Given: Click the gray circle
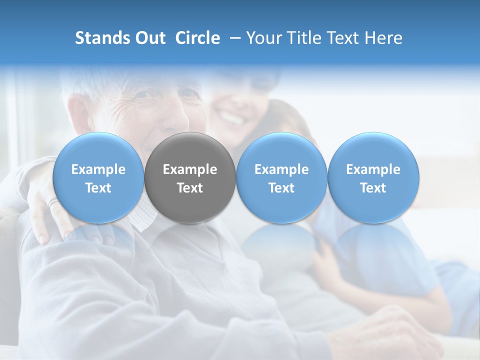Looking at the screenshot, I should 190,177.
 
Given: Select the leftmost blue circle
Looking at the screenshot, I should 98,177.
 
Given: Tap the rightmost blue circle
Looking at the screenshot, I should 373,177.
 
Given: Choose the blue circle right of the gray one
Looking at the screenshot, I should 281,177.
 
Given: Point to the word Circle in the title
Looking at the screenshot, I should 197,38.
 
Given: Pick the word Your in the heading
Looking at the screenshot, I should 262,38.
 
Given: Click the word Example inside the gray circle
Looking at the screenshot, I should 190,169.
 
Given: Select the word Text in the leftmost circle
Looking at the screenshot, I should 98,188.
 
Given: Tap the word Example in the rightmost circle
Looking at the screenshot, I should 373,169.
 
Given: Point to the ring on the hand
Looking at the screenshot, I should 53,202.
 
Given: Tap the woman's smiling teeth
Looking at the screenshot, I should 231,119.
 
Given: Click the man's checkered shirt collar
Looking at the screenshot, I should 142,215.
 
